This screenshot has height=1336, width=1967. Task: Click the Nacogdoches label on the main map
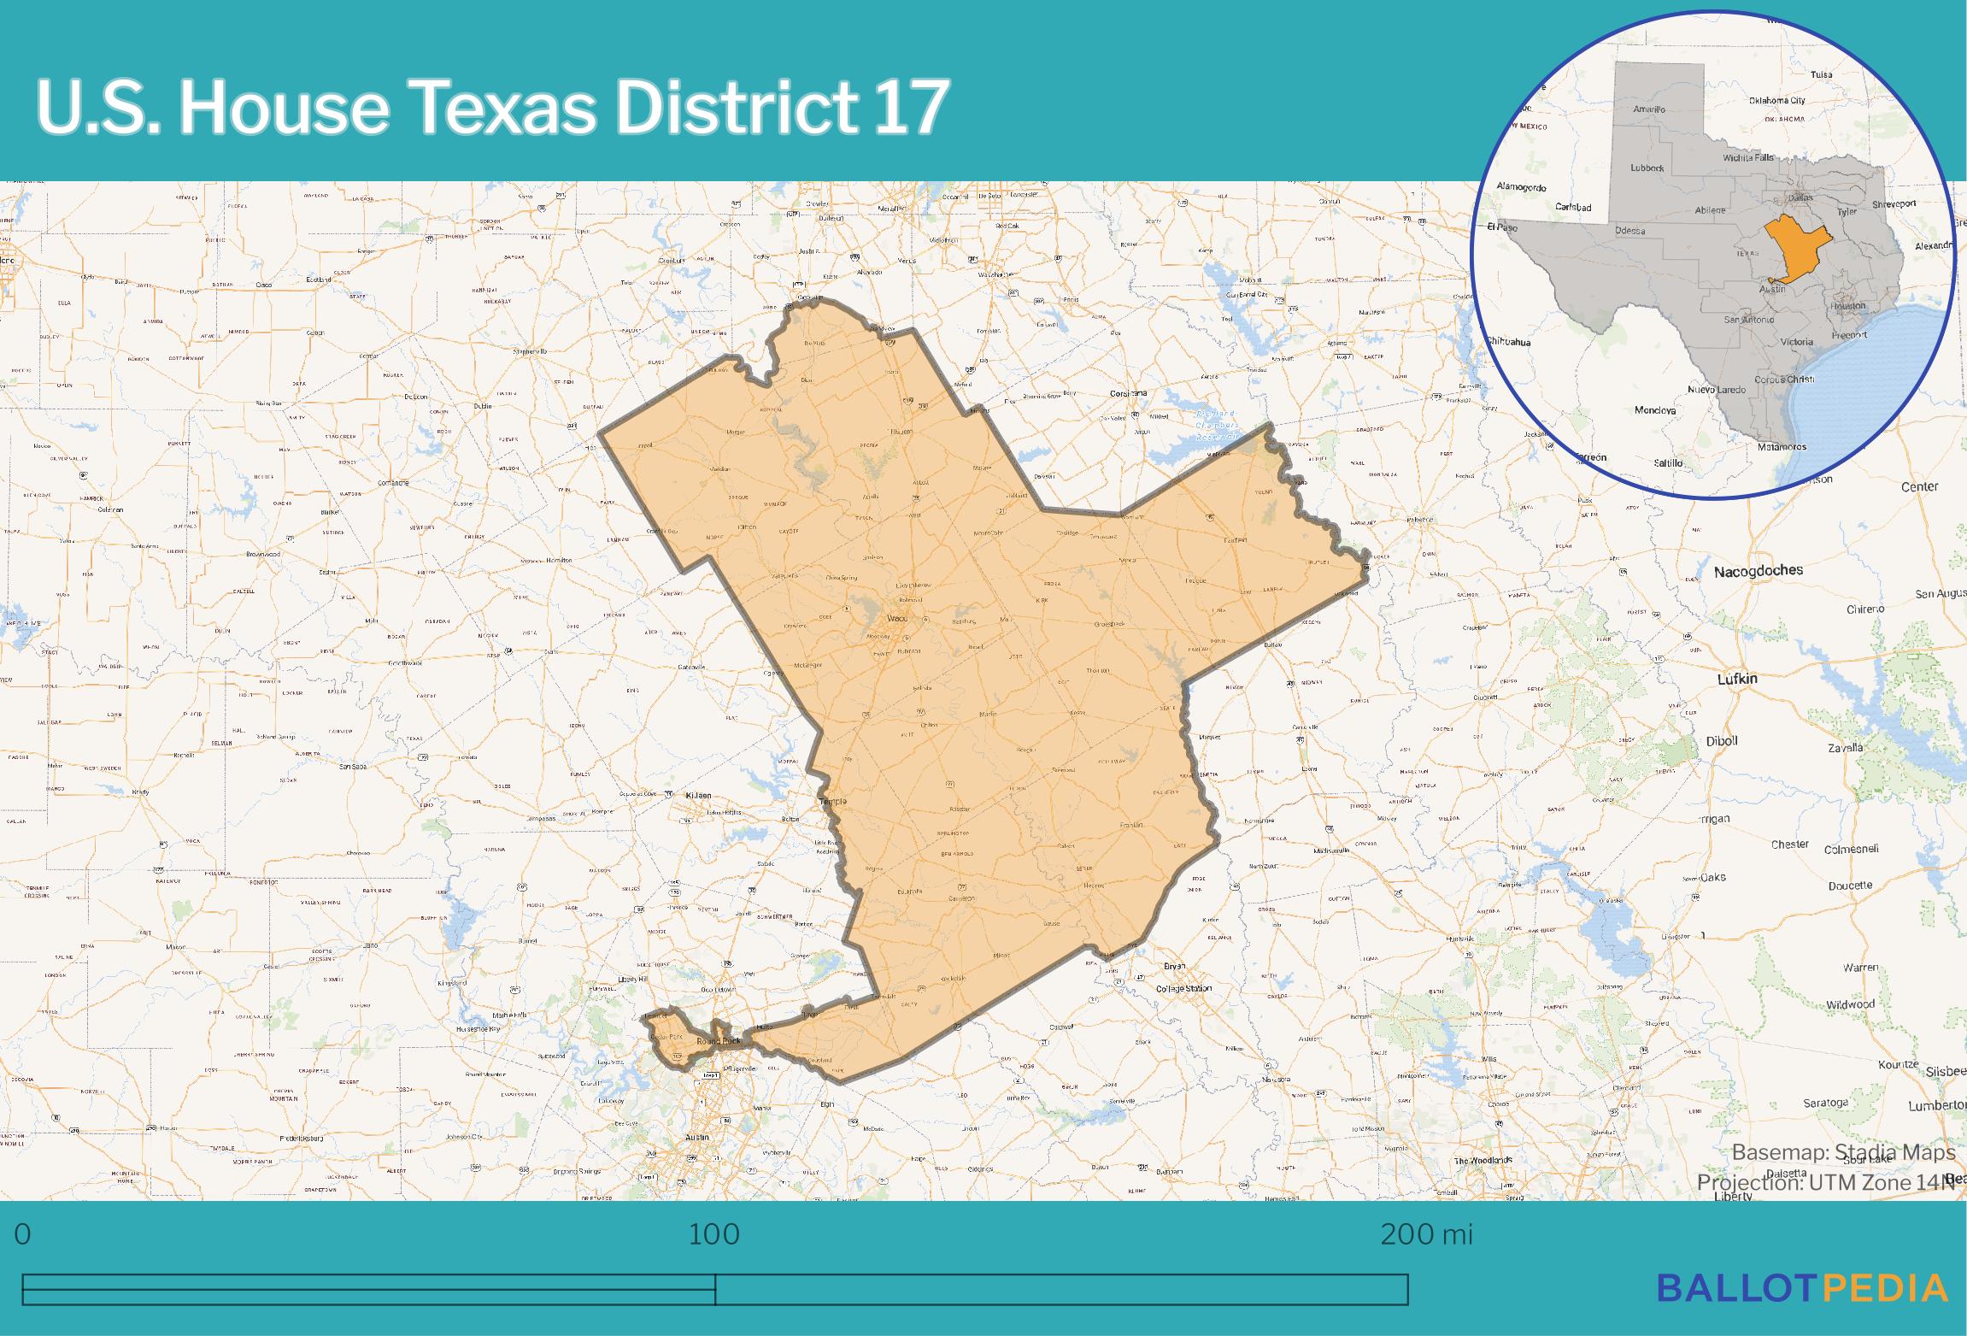click(1758, 571)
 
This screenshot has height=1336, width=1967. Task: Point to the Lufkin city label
click(1737, 679)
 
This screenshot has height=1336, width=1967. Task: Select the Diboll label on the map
click(1722, 741)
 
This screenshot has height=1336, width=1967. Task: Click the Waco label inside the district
click(897, 617)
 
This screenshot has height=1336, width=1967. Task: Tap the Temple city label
click(832, 801)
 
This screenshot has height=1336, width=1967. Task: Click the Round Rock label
click(719, 1041)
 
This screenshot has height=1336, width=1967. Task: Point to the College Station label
click(1183, 989)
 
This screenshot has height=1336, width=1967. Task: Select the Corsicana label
click(1127, 393)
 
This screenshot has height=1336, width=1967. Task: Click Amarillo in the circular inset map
click(1648, 109)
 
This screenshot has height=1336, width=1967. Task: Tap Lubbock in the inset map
click(1647, 168)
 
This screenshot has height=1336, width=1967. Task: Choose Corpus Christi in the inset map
click(1783, 379)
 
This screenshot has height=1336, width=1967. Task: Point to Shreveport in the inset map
click(1894, 204)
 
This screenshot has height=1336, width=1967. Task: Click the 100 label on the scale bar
click(714, 1234)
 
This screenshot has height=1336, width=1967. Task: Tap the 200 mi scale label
click(1427, 1234)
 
